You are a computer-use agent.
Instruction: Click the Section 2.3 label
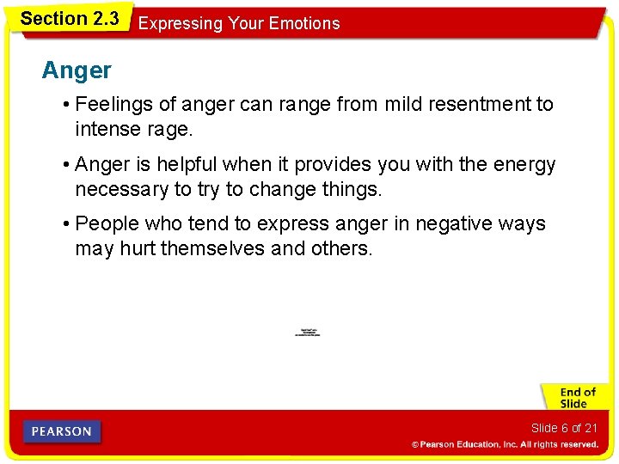pos(70,18)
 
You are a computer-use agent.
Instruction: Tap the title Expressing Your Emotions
pos(239,23)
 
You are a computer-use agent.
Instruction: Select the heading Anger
pos(77,70)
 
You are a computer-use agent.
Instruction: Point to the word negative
pos(455,223)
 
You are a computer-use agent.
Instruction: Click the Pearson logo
pos(62,431)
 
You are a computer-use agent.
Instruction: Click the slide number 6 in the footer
pos(565,428)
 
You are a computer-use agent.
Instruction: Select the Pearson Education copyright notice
pos(505,444)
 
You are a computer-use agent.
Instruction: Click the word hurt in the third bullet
pos(138,248)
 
